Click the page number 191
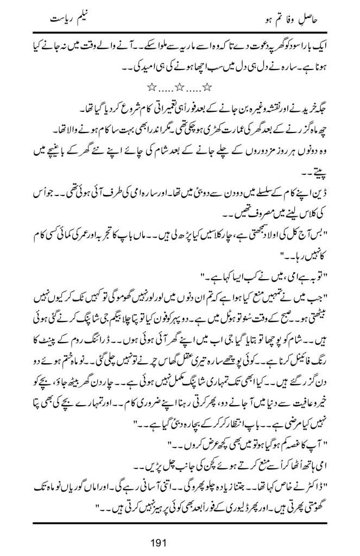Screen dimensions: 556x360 pos(180,542)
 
